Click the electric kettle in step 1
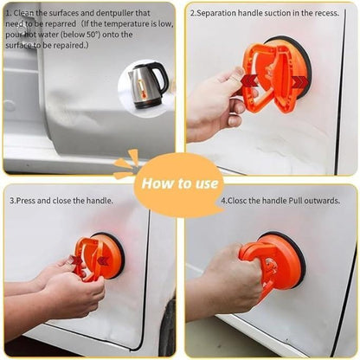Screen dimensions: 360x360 click(145, 84)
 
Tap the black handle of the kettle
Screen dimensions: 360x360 click(162, 80)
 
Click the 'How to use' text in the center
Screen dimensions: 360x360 click(179, 183)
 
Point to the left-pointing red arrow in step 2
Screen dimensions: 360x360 click(249, 80)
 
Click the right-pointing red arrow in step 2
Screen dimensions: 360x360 click(299, 81)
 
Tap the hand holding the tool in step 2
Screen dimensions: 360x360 click(214, 101)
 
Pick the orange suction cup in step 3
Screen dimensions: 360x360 click(97, 257)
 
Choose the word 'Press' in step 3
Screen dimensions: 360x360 click(29, 200)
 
